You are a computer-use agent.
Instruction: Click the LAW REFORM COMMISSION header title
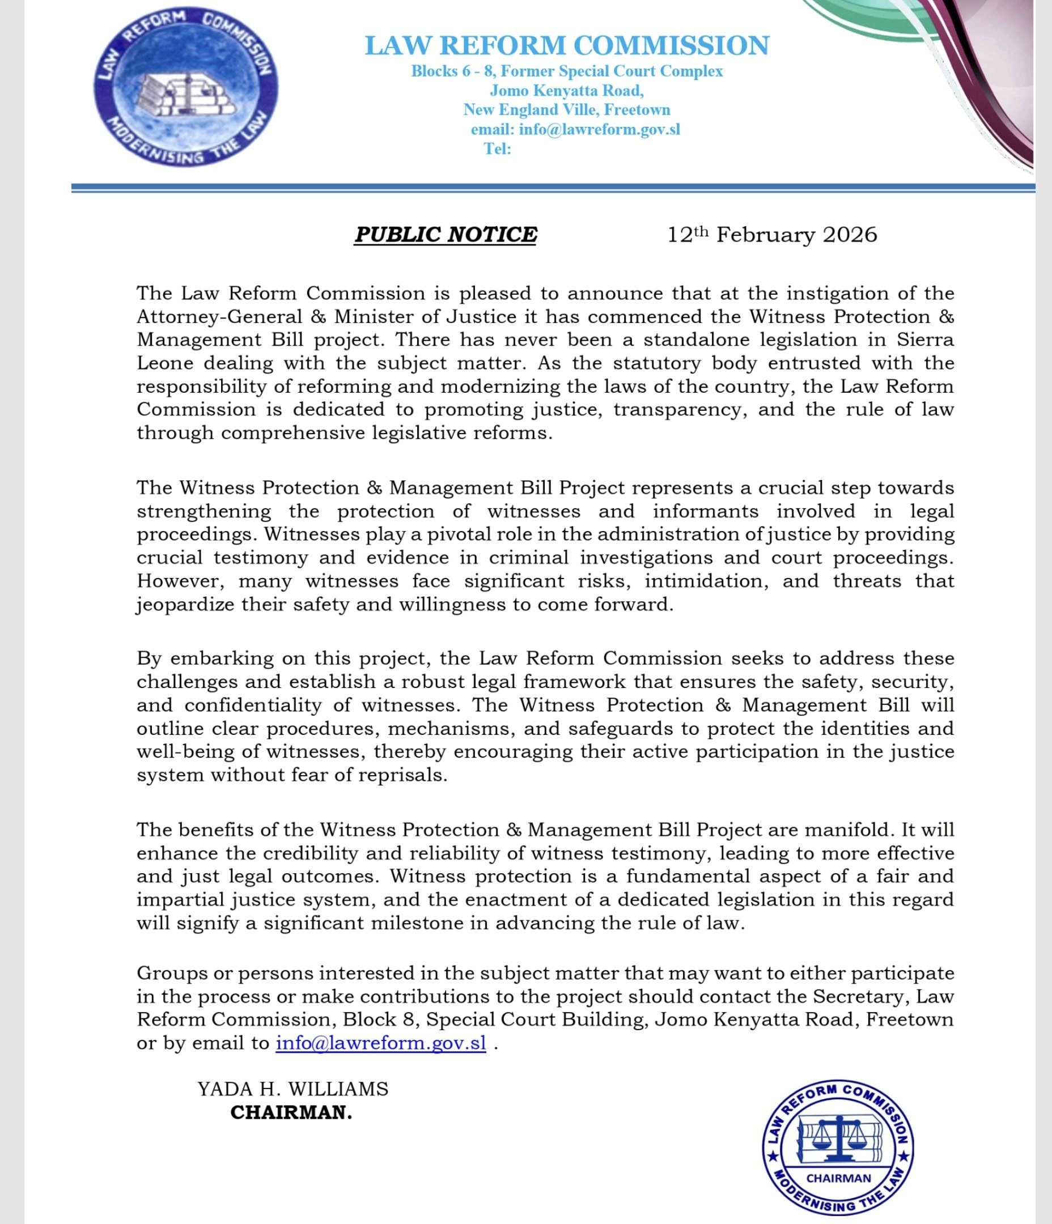pos(567,45)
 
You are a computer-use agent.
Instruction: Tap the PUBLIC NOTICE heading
pos(446,235)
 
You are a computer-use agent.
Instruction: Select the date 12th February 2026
pos(772,235)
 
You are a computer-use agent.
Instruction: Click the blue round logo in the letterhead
pos(186,87)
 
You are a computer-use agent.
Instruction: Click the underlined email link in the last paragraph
pos(380,1043)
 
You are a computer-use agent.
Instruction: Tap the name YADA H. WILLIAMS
pos(293,1089)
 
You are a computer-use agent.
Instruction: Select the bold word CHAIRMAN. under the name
pos(291,1112)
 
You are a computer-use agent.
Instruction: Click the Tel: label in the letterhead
pos(498,149)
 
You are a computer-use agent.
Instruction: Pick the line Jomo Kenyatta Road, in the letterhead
pos(567,90)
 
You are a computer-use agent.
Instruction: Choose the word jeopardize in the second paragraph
pos(185,604)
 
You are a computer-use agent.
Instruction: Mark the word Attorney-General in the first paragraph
pos(219,317)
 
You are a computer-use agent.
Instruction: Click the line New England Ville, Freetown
pos(567,110)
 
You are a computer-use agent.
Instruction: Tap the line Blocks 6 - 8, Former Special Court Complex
pos(567,71)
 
